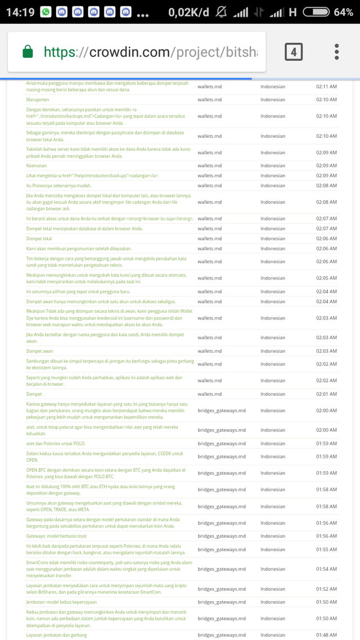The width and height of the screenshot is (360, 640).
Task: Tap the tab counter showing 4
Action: tap(294, 52)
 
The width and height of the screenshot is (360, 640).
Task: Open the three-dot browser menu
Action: tap(336, 52)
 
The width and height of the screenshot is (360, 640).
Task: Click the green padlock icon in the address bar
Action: tap(28, 52)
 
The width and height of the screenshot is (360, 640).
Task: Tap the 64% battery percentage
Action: tap(343, 12)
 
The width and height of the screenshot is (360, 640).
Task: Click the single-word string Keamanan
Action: tap(38, 166)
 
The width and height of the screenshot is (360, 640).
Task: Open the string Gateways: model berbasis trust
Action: tap(56, 536)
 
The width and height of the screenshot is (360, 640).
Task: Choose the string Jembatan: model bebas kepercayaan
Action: tap(58, 602)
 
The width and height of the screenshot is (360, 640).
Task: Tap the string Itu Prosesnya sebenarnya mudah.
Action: tap(58, 186)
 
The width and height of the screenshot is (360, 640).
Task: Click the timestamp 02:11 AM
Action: tap(326, 87)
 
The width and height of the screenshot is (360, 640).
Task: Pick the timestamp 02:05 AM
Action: tap(326, 278)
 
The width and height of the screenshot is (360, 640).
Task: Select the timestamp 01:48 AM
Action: tap(326, 636)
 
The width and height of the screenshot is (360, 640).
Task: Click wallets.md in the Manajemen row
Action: tap(209, 100)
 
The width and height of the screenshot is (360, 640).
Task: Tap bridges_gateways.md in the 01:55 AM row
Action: tap(222, 549)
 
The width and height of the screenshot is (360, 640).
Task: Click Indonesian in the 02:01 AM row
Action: tap(273, 394)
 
